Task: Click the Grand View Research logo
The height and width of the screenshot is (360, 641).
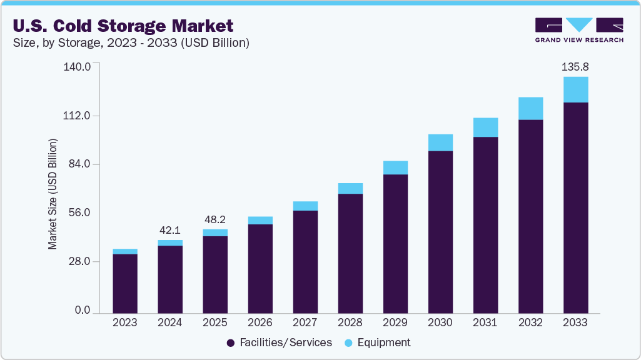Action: pos(579,29)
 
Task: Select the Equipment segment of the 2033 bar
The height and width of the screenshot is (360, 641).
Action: pos(575,89)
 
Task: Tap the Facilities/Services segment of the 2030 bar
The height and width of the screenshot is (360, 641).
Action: pos(440,231)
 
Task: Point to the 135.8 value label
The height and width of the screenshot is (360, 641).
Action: pos(575,66)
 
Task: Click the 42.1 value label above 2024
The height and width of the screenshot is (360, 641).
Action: pos(170,229)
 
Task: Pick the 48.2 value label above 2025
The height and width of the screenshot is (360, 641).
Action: pos(215,219)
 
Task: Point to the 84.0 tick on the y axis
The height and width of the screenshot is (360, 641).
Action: pos(79,164)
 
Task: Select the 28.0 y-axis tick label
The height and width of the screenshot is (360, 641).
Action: pos(79,262)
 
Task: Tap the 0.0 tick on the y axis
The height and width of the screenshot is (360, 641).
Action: pos(83,311)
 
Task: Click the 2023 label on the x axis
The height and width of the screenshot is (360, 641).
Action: pos(124,323)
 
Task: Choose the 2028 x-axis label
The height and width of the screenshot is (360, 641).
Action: pos(350,323)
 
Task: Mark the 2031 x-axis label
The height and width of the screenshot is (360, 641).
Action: pos(485,323)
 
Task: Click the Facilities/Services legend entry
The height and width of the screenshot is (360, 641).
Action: pos(279,342)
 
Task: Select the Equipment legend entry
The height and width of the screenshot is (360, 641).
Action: pos(380,342)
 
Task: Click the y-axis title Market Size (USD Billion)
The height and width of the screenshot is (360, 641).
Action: pos(53,194)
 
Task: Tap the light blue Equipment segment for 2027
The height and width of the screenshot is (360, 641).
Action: pos(305,206)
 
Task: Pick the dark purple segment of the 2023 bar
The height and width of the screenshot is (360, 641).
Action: pos(125,283)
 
